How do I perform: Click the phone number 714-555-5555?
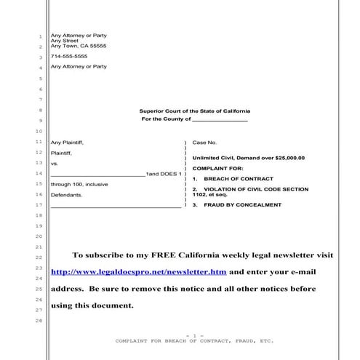(x=68, y=56)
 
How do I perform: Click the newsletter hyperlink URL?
(x=138, y=272)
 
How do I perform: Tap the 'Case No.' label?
(x=204, y=143)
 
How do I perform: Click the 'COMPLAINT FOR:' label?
(x=212, y=169)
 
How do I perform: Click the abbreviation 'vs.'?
(x=54, y=164)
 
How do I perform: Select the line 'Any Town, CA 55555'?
(x=78, y=46)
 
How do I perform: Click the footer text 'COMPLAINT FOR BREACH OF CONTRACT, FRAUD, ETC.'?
(x=193, y=340)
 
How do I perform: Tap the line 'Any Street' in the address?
(x=64, y=41)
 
